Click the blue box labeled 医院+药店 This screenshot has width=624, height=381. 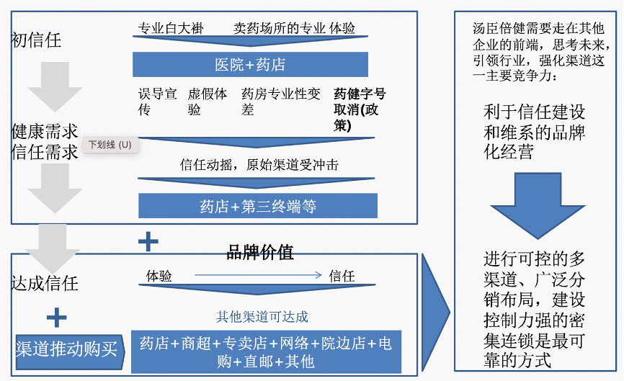coord(250,64)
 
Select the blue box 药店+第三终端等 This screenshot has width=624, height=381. coord(258,207)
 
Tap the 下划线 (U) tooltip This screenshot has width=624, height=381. coord(110,145)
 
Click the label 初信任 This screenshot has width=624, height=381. coord(36,40)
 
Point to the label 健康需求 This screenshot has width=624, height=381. coord(45,131)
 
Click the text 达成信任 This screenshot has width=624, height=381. coord(45,283)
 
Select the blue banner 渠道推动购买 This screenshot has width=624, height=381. coord(66,349)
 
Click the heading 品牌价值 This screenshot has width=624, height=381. coord(260,252)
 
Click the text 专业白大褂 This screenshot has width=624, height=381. coord(171,29)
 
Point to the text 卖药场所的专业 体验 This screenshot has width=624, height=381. coord(294,29)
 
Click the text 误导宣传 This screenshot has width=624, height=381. coord(157,102)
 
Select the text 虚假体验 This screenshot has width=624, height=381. coord(208,102)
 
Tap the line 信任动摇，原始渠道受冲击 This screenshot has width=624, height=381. coord(259,164)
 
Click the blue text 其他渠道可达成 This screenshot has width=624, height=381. coord(262,316)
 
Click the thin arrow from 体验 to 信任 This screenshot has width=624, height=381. coord(257,274)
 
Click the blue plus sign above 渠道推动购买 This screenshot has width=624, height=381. coord(56,318)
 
